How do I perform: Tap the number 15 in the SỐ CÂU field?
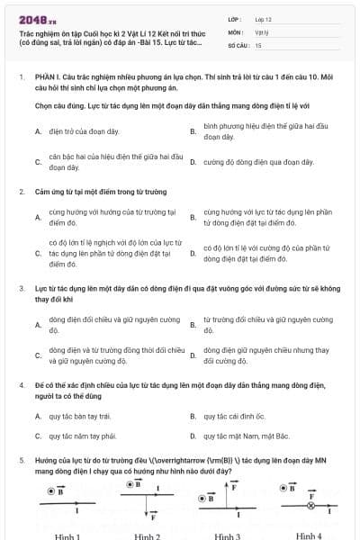coord(258,44)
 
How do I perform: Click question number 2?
coord(22,192)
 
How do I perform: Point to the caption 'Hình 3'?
coord(226,535)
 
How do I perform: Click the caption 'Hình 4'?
coord(308,535)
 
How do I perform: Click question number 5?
coord(22,459)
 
